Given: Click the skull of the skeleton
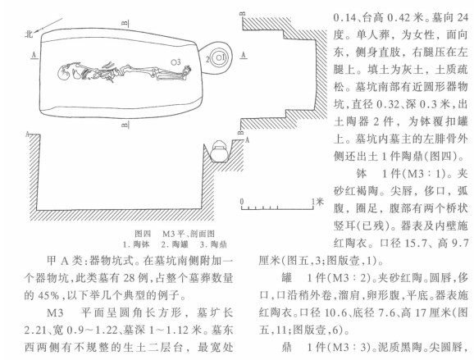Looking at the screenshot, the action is (x=64, y=73).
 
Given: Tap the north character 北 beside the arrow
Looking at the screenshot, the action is (x=29, y=34).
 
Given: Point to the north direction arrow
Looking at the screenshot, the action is (x=48, y=25).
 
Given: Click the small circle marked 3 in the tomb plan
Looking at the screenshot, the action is (x=174, y=62).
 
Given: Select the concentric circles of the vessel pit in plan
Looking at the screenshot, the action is (x=218, y=57).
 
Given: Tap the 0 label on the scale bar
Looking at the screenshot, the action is (x=242, y=201).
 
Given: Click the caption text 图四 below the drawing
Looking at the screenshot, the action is (x=143, y=234).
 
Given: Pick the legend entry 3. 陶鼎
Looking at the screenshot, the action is (x=213, y=244).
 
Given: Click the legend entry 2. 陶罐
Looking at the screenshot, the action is (x=175, y=244).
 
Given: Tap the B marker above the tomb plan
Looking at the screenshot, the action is (x=127, y=23).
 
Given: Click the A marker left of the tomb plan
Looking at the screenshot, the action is (x=34, y=54).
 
